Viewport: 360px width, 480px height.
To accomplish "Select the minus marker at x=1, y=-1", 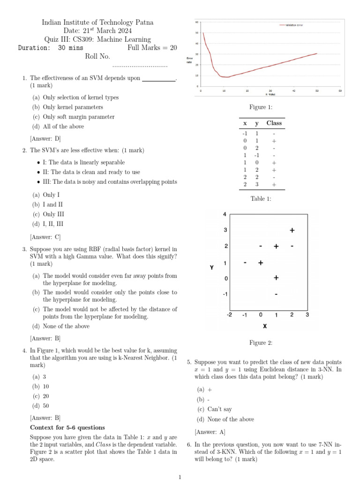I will [x=276, y=294].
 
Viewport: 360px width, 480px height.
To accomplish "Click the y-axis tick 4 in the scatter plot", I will [x=225, y=214].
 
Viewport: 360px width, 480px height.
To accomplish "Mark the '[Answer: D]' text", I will [x=45, y=139].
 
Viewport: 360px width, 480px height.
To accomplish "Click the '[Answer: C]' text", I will [x=45, y=237].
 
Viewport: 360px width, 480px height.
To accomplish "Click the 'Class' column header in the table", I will [x=274, y=123].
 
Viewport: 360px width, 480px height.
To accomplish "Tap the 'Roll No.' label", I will [x=97, y=56].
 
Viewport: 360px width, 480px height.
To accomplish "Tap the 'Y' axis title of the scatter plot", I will [x=212, y=268].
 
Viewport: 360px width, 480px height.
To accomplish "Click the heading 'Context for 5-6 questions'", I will [x=67, y=427].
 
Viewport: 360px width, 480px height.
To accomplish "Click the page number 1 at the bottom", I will [x=180, y=477].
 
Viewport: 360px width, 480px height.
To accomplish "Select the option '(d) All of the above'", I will [x=58, y=127].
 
